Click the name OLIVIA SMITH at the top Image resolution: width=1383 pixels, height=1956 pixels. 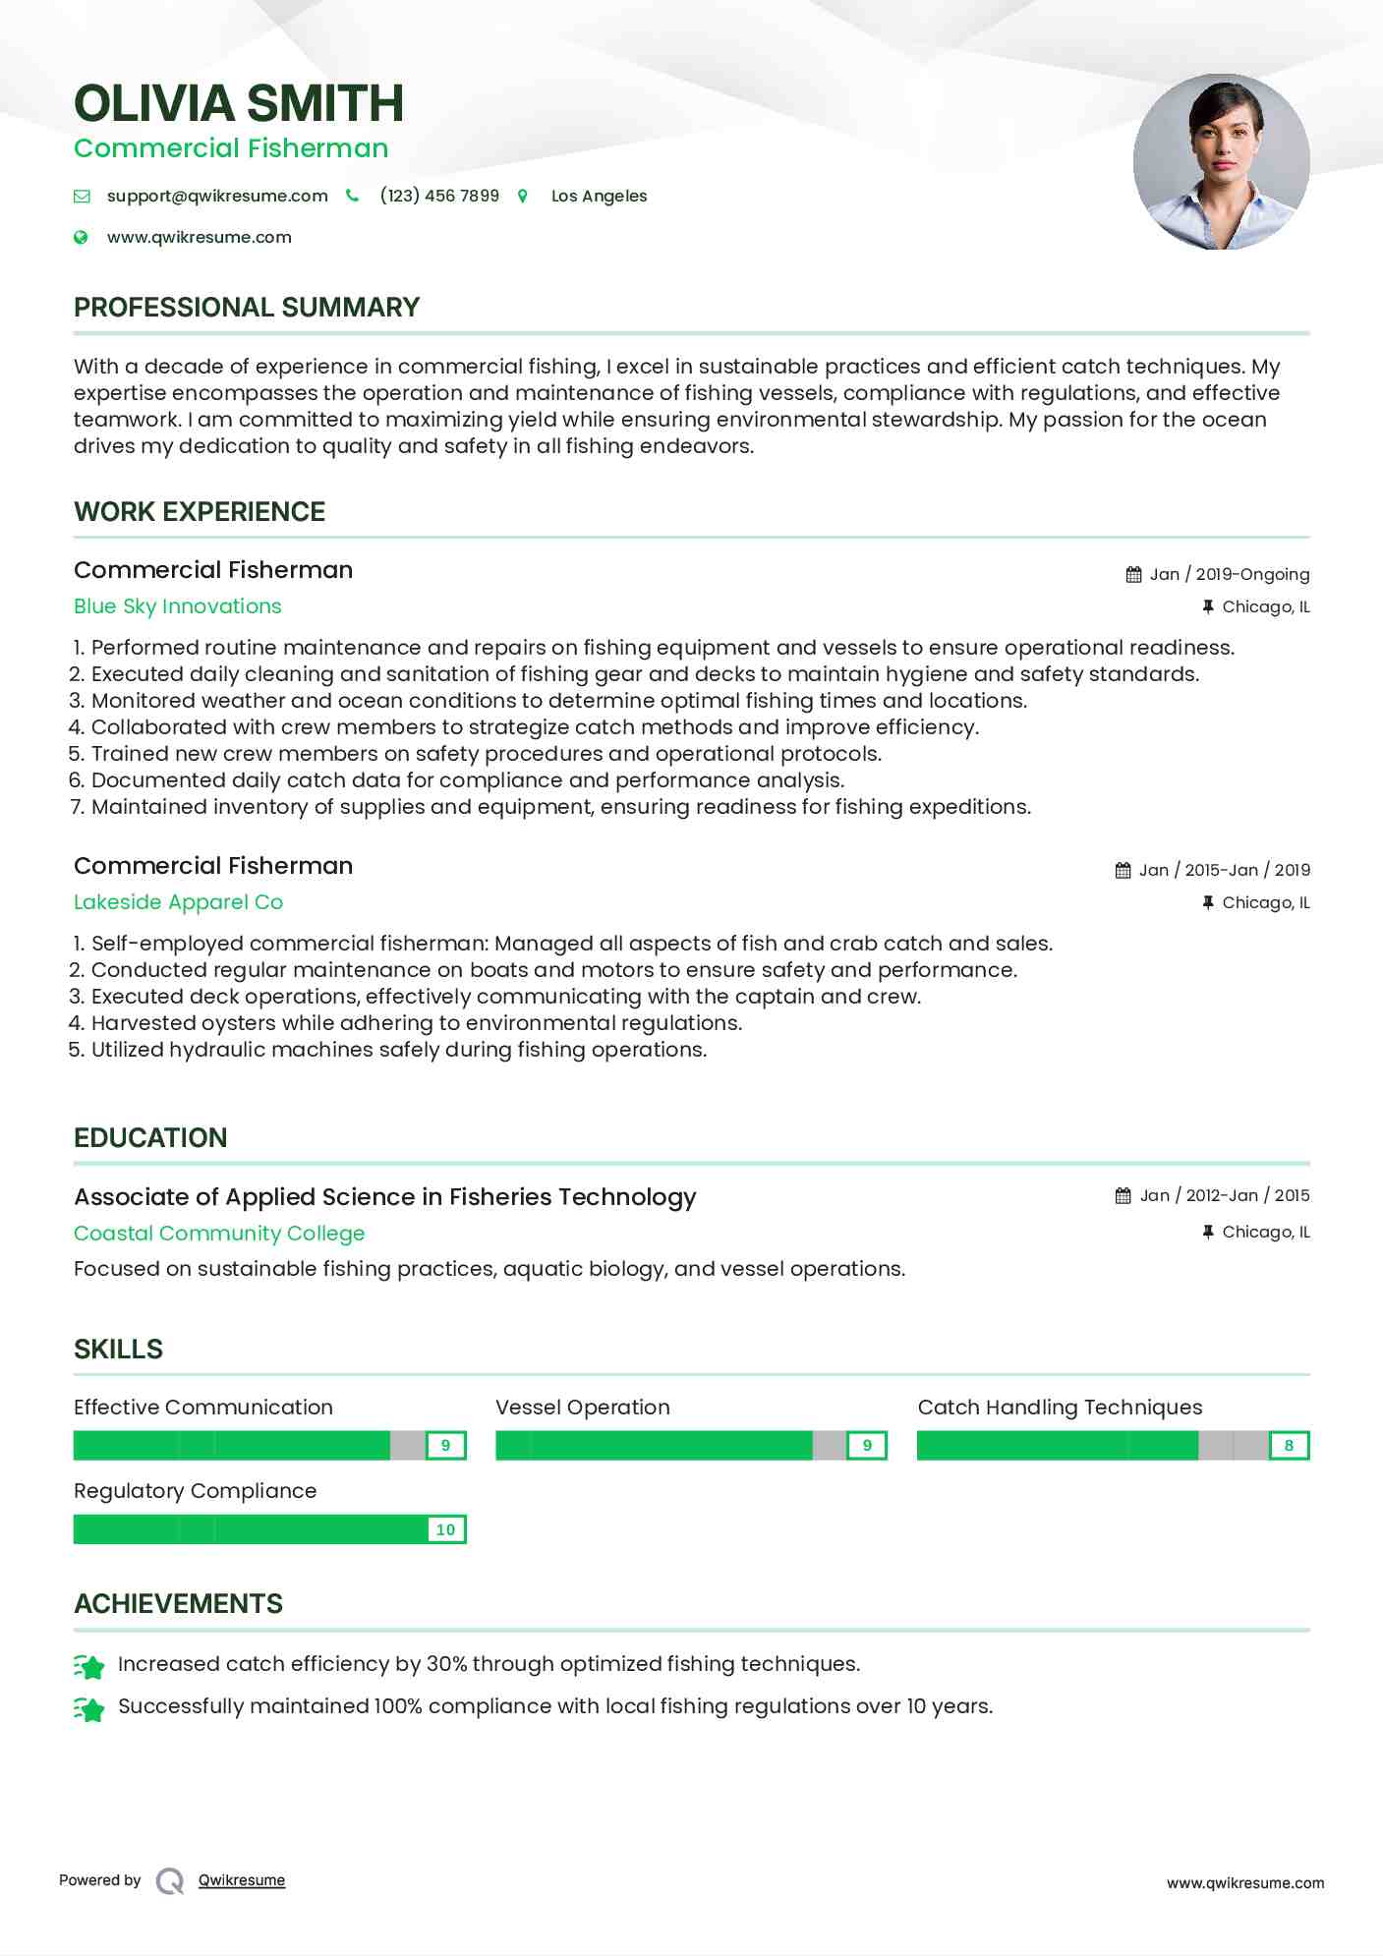(x=239, y=103)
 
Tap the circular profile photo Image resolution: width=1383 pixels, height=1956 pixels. (x=1221, y=162)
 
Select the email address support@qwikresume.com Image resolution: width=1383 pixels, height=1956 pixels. (x=217, y=196)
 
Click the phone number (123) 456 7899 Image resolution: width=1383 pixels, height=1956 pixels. (x=439, y=196)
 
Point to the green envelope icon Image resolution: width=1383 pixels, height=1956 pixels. (x=82, y=197)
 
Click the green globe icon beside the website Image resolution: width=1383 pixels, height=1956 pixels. (x=82, y=237)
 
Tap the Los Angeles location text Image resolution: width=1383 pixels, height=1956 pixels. (x=599, y=196)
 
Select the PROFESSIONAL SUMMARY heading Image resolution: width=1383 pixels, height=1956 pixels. (x=247, y=308)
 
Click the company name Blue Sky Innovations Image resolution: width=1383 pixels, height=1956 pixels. (x=178, y=606)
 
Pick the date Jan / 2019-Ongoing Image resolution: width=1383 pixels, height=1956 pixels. (x=1229, y=574)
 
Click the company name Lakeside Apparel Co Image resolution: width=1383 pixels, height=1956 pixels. (x=178, y=902)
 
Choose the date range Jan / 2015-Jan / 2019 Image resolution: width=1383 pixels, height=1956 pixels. (x=1224, y=870)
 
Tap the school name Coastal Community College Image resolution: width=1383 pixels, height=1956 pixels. (x=219, y=1234)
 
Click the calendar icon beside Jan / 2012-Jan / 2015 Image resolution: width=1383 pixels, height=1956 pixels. (x=1123, y=1196)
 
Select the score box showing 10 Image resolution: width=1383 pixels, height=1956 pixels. (x=445, y=1529)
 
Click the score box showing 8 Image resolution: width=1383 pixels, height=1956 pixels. (x=1289, y=1446)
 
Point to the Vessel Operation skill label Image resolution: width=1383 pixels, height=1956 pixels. (x=583, y=1408)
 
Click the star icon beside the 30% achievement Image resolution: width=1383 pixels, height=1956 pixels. (x=89, y=1666)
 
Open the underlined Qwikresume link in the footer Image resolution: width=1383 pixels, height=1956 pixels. (x=242, y=1880)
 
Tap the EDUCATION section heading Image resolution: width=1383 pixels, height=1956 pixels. (x=150, y=1138)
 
